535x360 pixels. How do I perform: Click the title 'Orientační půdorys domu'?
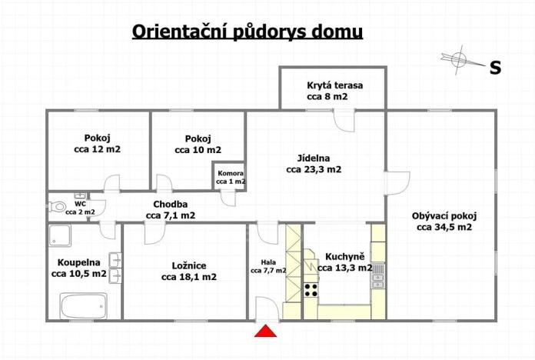(248, 32)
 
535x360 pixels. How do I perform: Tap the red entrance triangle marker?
(266, 331)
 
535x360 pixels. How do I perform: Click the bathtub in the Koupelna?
(81, 305)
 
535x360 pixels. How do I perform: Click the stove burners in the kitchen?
(311, 290)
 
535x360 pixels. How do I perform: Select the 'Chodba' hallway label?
(170, 204)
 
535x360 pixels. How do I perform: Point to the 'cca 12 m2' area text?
(98, 149)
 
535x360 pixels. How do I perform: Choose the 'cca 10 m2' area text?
(198, 150)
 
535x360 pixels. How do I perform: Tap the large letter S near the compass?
(496, 68)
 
